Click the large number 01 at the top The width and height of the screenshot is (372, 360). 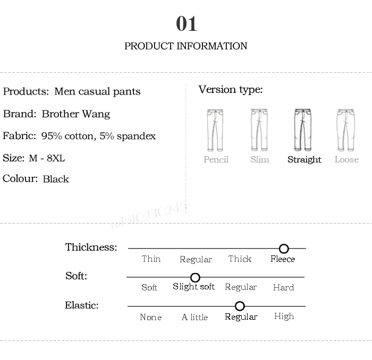[x=187, y=24]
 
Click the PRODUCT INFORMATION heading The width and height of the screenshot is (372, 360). [x=185, y=46]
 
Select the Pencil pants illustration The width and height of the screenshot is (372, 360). [x=216, y=130]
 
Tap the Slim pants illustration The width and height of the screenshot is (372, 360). [x=259, y=130]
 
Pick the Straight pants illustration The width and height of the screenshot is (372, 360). [x=304, y=130]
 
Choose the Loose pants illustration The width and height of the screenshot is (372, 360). [x=346, y=130]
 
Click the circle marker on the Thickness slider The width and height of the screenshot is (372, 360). [x=284, y=248]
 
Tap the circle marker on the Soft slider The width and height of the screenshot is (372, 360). [x=195, y=278]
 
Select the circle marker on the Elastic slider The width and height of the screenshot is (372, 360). [x=240, y=306]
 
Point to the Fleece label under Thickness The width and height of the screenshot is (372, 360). [x=283, y=259]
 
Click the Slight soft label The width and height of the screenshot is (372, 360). [x=193, y=287]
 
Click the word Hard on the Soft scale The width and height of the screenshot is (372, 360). [x=283, y=287]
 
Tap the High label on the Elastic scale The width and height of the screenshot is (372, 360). [x=284, y=316]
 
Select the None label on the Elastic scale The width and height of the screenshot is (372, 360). [x=150, y=317]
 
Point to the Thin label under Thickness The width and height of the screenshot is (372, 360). [x=151, y=259]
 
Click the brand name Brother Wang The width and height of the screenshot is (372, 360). [x=76, y=114]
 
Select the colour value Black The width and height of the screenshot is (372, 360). [x=56, y=179]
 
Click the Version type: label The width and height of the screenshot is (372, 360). [x=231, y=90]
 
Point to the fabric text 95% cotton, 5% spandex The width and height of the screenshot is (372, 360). [x=99, y=136]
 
